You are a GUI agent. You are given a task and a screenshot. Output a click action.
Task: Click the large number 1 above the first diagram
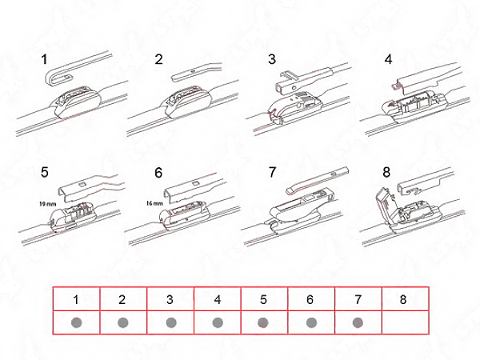44,59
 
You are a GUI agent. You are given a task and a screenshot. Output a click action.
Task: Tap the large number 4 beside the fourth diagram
388,59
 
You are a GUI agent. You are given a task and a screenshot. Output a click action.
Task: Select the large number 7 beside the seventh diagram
273,172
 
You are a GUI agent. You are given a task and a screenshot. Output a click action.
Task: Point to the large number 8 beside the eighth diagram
386,172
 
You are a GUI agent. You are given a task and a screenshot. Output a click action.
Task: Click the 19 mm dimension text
47,203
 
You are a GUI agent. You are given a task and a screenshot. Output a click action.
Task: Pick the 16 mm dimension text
154,203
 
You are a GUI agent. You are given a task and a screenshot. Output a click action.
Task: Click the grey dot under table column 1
76,322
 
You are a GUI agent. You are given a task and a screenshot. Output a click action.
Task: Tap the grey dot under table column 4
218,322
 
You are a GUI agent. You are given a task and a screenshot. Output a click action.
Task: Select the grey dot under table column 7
358,322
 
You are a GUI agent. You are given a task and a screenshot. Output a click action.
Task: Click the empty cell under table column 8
406,322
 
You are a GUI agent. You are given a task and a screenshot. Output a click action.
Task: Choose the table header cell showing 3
170,298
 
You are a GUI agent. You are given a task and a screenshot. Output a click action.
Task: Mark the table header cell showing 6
311,298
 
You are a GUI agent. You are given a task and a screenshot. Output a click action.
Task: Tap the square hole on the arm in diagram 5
82,184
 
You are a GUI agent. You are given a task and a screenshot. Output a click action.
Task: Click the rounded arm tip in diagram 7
292,190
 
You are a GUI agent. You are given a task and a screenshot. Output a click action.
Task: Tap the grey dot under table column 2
122,322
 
